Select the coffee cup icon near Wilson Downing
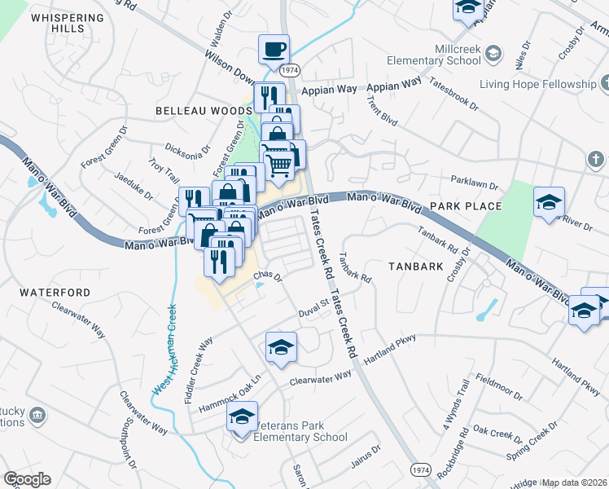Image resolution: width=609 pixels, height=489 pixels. (274, 49)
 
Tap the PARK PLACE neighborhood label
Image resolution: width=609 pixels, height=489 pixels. (466, 206)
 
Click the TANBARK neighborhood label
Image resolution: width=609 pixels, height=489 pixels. (415, 266)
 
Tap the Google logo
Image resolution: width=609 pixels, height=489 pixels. (27, 479)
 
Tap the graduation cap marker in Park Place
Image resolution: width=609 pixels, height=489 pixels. (550, 201)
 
